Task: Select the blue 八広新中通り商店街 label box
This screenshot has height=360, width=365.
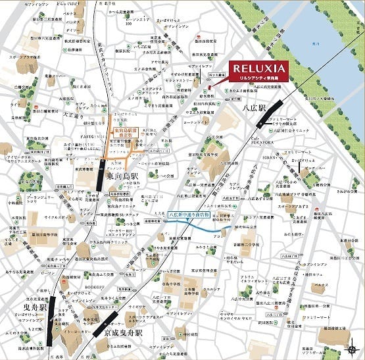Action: pyautogui.click(x=189, y=215)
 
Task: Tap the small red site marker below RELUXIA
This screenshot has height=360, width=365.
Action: pyautogui.click(x=209, y=88)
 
